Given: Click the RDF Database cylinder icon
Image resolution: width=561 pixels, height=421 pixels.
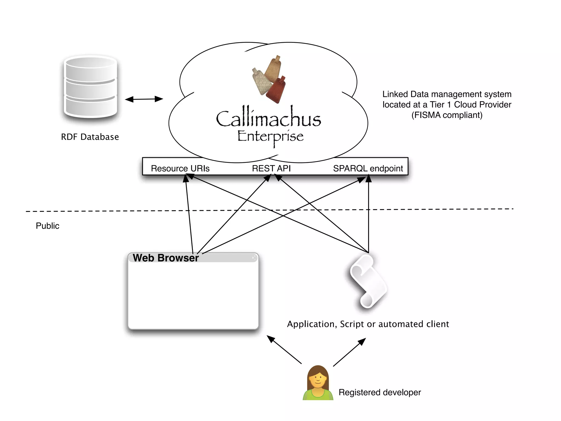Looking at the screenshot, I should click(x=90, y=87).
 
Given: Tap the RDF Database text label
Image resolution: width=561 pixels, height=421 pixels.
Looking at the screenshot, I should click(x=90, y=137).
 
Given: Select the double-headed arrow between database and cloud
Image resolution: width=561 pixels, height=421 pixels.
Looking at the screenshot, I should click(x=144, y=99).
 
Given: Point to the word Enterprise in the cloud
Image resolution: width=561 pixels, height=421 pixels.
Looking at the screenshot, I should click(x=270, y=136).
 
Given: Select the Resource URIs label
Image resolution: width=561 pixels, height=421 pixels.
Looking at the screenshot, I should click(x=180, y=168).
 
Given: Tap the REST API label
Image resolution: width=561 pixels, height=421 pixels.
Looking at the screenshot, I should click(x=271, y=168).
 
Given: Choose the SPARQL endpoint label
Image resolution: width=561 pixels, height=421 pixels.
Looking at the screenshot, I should click(x=368, y=168).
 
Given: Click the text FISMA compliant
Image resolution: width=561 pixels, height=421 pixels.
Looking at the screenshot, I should click(x=447, y=115).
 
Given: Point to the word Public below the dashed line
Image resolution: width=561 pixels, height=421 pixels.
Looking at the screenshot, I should click(x=47, y=226).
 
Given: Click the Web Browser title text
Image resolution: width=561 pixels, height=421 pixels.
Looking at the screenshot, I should click(x=165, y=258).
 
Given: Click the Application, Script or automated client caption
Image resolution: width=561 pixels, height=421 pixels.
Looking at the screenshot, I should click(x=368, y=324).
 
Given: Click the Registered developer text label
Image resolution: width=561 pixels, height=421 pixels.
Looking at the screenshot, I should click(x=379, y=392).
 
